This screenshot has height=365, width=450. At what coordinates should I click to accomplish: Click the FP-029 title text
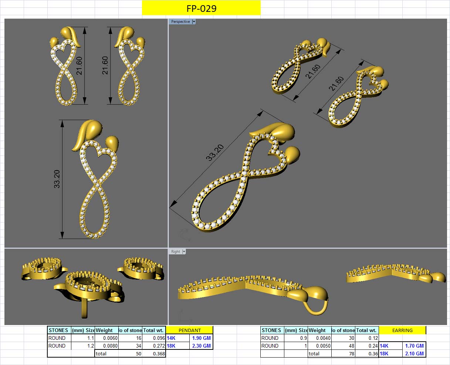(x=201, y=8)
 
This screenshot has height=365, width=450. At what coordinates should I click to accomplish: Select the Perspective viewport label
(x=180, y=22)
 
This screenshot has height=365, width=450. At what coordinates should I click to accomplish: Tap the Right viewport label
(x=176, y=252)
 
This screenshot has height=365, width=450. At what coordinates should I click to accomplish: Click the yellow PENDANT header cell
(x=190, y=330)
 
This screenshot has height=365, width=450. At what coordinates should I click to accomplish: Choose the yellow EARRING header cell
(x=402, y=330)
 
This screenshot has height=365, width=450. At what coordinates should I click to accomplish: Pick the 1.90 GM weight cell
(x=201, y=338)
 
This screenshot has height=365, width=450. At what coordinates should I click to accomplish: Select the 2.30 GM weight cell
(x=201, y=346)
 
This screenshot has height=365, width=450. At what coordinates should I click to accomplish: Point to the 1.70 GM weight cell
(x=414, y=346)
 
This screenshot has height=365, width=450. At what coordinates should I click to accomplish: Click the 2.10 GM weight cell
(x=414, y=354)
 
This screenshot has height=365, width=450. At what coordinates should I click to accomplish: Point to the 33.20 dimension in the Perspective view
(x=215, y=153)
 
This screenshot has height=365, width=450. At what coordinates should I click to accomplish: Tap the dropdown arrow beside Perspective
(x=194, y=22)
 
